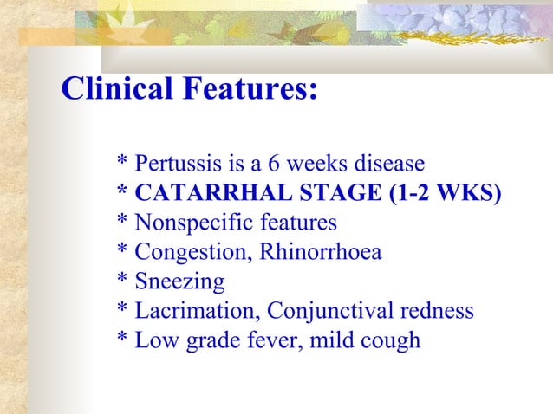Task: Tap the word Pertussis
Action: [x=172, y=163]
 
